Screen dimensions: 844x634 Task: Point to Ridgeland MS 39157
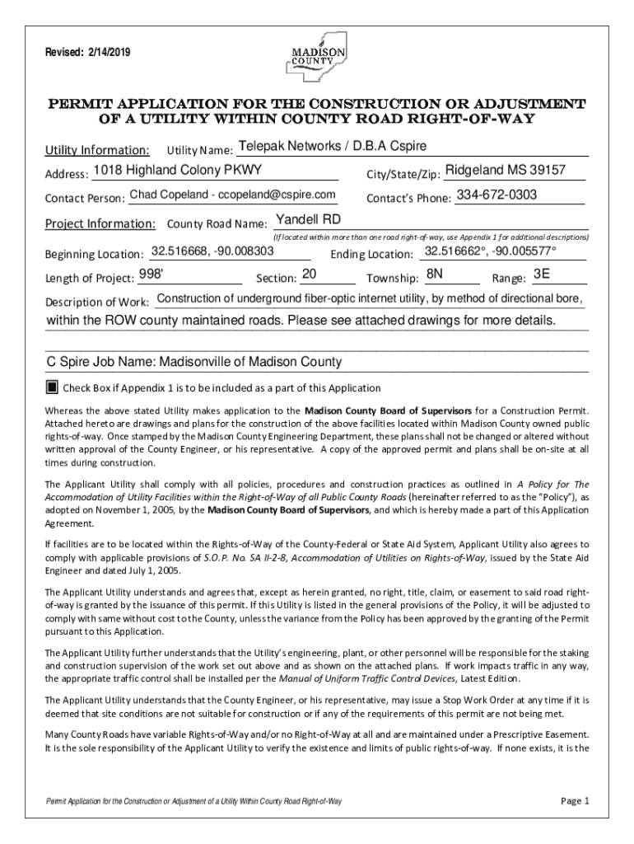510,170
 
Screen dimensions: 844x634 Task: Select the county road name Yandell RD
307,219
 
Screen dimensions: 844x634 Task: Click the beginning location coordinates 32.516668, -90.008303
213,250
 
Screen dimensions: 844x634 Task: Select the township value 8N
434,274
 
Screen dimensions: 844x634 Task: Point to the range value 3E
542,274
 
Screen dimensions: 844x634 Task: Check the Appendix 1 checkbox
52,387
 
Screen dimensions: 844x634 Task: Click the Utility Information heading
97,151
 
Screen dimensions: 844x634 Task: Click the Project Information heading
100,223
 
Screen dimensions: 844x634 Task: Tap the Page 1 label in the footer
575,800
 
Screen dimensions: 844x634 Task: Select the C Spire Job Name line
194,362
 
